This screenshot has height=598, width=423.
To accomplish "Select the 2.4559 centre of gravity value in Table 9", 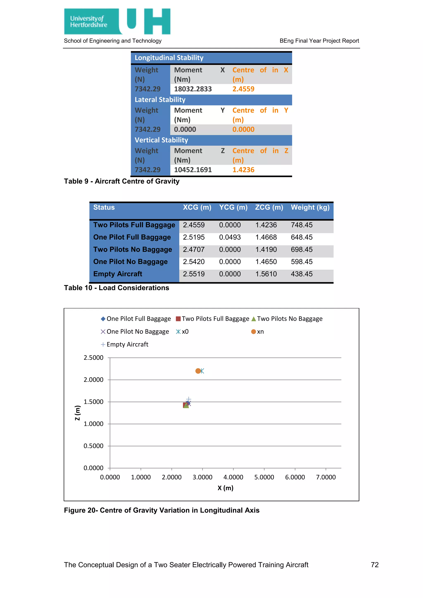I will [243, 89].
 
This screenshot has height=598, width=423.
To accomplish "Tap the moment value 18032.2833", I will [193, 89].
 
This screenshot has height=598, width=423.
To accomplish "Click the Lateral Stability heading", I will [160, 100].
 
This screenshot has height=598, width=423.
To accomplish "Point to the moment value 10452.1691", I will [193, 170].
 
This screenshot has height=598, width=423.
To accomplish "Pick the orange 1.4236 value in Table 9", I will [243, 170].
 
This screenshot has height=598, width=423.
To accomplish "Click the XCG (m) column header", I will [197, 207].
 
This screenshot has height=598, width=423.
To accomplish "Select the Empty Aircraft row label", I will [118, 274].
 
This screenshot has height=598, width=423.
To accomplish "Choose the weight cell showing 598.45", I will [302, 262].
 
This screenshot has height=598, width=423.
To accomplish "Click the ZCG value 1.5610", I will [266, 274].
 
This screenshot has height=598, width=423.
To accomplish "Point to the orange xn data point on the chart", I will [198, 371].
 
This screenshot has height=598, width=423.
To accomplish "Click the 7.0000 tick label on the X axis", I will [326, 477].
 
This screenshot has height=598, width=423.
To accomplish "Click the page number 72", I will [374, 565].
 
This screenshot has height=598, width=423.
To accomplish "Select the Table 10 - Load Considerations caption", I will [116, 288].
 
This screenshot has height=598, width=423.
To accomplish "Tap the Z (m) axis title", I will [78, 413].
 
